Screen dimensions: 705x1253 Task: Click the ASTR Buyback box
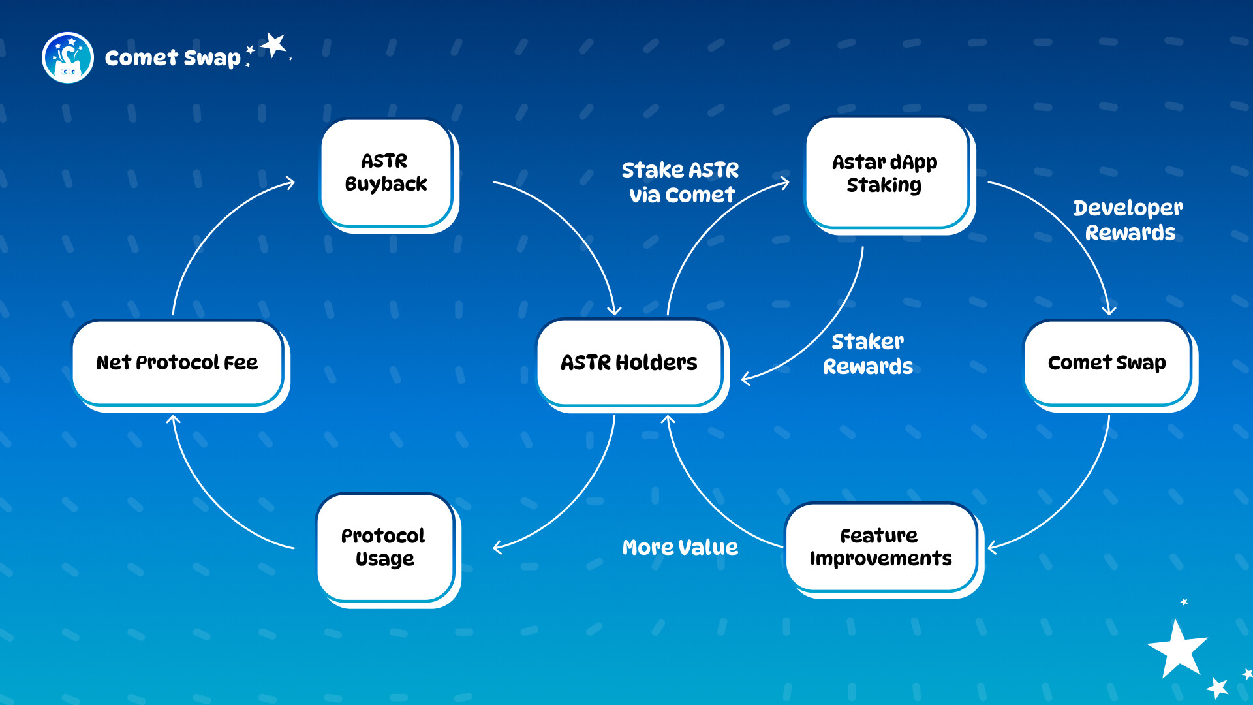[x=386, y=172]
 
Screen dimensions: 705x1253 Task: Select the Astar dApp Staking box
[x=886, y=173]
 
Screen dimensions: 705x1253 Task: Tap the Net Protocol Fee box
[x=178, y=362]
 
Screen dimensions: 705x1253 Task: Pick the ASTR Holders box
[x=629, y=362]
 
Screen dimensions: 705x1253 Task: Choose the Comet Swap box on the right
[x=1107, y=362]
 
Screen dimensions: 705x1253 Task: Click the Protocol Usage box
[x=384, y=547]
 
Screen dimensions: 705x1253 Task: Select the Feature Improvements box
[x=880, y=547]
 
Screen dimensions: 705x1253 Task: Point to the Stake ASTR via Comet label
[x=681, y=182]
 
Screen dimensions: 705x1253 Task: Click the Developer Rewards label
[x=1128, y=220]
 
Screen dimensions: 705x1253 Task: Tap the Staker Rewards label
[x=868, y=354]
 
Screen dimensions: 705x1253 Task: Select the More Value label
[x=681, y=547]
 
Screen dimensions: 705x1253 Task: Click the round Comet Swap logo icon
[x=68, y=57]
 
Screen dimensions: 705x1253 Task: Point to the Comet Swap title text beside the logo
[x=173, y=57]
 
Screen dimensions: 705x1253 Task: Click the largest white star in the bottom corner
[x=1178, y=650]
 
